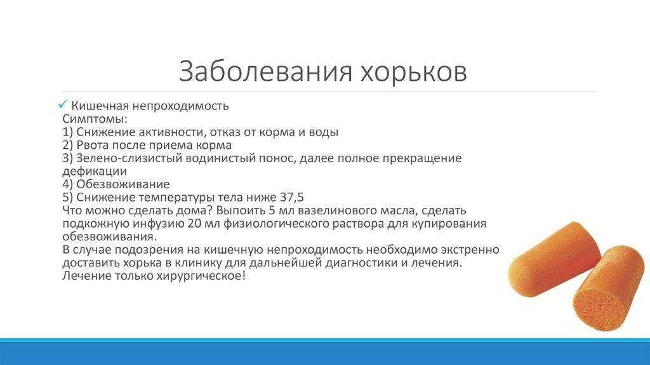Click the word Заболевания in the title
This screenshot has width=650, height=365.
click(265, 71)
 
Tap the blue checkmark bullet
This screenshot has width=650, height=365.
click(63, 104)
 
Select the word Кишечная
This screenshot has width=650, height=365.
click(100, 106)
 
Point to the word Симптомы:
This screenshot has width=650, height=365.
click(95, 119)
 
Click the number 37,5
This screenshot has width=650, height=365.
click(292, 197)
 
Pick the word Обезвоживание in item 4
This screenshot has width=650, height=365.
click(123, 184)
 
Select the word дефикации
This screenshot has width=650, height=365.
click(95, 172)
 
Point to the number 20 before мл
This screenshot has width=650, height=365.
click(195, 223)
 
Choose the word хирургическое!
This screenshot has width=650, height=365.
click(201, 276)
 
